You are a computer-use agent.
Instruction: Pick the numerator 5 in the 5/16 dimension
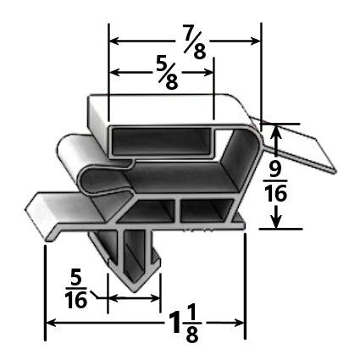(x=75, y=276)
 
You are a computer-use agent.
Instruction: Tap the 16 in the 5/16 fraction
(x=75, y=301)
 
